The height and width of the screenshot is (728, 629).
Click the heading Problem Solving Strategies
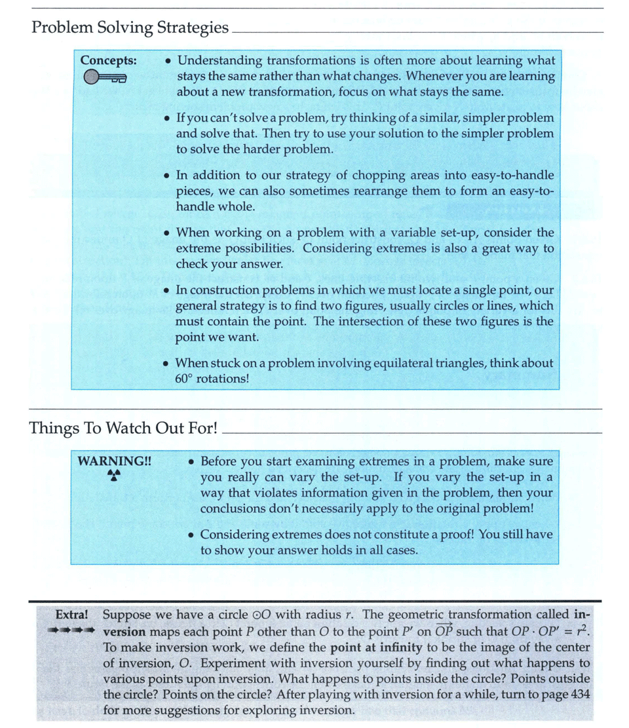[130, 28]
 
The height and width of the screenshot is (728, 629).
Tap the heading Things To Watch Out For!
[123, 429]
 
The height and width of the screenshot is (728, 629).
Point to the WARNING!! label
[115, 461]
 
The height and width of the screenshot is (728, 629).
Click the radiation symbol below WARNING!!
[115, 476]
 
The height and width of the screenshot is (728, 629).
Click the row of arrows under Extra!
[72, 631]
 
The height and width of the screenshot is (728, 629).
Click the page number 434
[580, 695]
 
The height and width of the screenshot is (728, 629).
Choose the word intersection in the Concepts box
[422, 321]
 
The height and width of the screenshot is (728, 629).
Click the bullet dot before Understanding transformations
[169, 61]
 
